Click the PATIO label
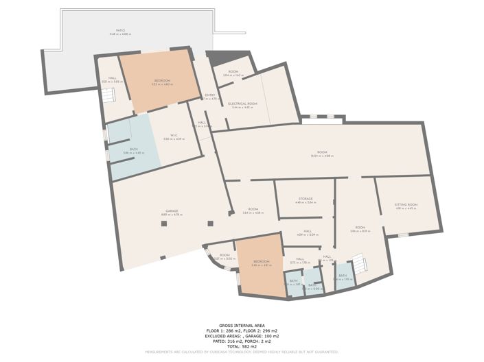coord(121,30)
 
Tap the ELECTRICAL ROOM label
coord(243,104)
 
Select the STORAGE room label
coord(306,198)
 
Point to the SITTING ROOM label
coord(406,204)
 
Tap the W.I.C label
coord(174,134)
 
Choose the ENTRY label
coord(210,95)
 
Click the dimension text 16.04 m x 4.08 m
coord(321,156)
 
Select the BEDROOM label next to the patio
coord(162,80)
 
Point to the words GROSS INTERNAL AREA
coord(242,325)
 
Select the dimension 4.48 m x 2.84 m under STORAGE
coord(306,203)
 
